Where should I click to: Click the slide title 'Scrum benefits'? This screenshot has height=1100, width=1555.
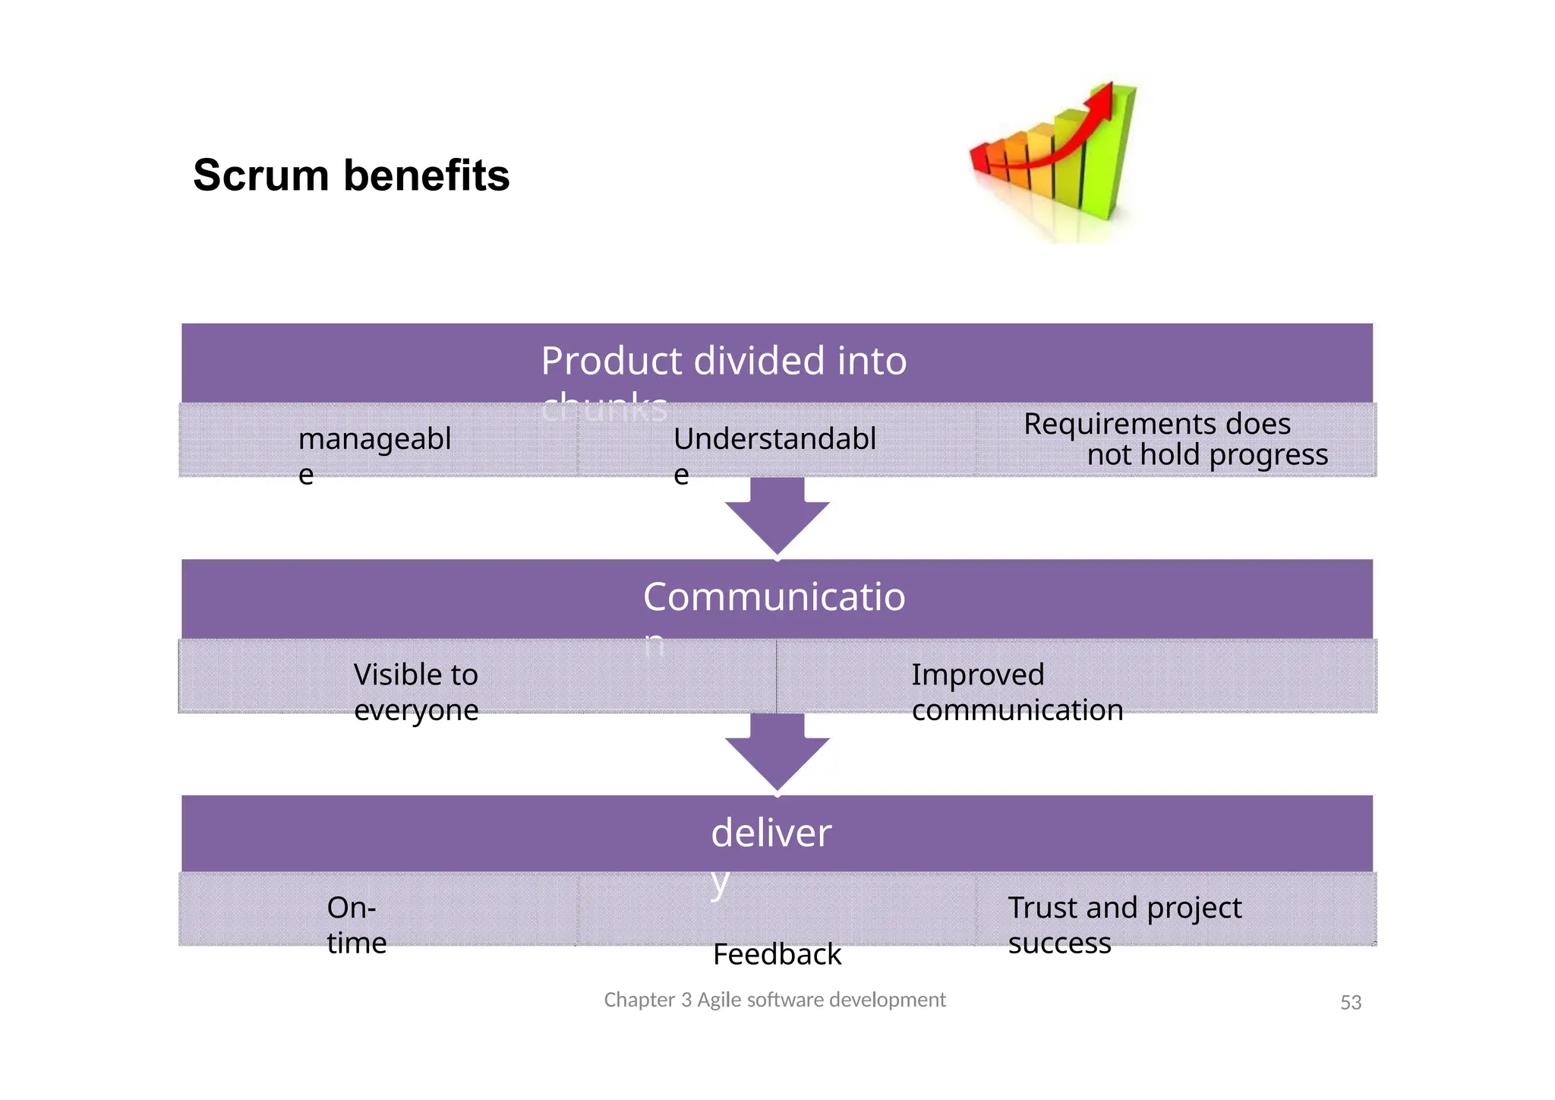click(351, 175)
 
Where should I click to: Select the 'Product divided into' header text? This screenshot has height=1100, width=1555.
click(724, 361)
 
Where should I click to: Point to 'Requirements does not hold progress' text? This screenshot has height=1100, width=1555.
click(1175, 439)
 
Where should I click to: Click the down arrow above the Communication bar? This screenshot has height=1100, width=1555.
click(777, 520)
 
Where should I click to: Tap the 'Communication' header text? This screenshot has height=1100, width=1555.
click(774, 597)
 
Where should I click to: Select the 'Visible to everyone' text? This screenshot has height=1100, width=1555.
click(416, 691)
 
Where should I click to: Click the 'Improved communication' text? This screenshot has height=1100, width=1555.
click(1016, 691)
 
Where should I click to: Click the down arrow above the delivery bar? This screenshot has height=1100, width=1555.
click(777, 756)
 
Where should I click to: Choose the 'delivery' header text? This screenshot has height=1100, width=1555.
click(771, 833)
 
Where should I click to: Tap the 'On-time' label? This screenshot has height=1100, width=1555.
click(356, 925)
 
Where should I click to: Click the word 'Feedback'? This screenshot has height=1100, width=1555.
click(777, 954)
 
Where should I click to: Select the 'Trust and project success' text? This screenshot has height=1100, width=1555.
click(1124, 925)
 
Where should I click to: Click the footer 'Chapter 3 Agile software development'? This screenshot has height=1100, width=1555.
click(774, 1000)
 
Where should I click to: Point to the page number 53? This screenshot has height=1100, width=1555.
click(1350, 1003)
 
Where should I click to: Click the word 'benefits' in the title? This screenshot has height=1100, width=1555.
click(426, 175)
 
